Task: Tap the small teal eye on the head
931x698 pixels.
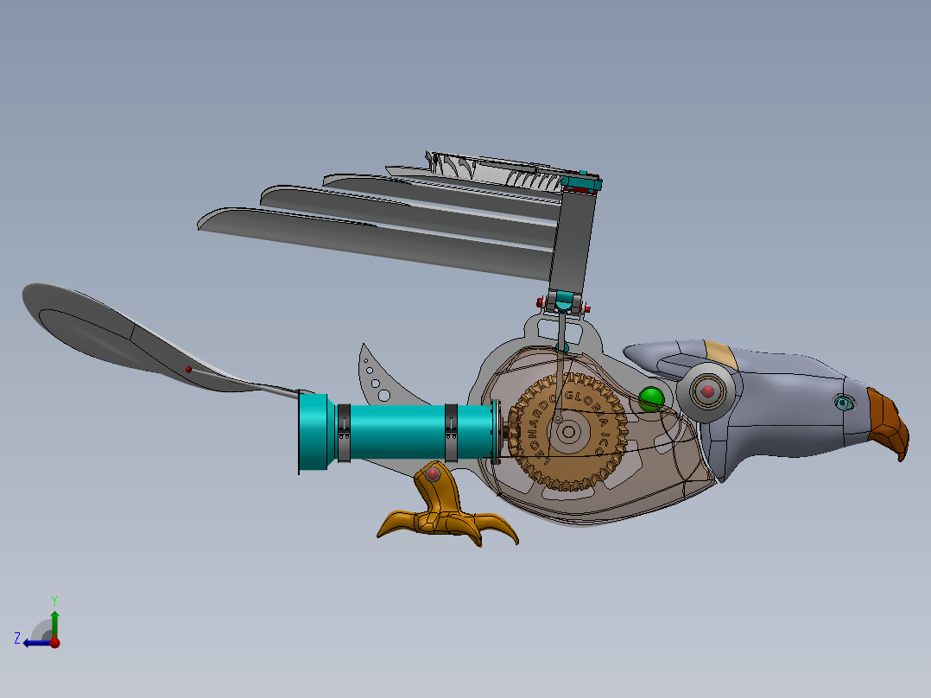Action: coord(842,402)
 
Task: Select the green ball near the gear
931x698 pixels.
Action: coord(651,398)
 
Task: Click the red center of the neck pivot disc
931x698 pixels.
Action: coord(708,391)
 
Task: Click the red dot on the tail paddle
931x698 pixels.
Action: coord(188,369)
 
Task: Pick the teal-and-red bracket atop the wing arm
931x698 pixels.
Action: coord(580,183)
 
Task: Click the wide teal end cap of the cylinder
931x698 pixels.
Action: coord(316,432)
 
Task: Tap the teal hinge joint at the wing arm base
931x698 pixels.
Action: coord(564,302)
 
